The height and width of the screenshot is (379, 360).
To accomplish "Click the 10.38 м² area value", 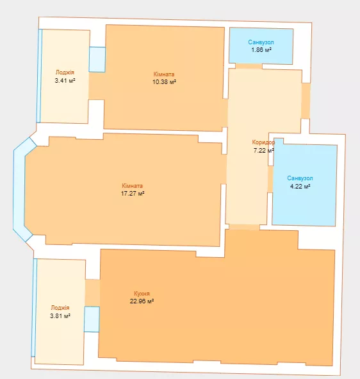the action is pyautogui.click(x=164, y=81).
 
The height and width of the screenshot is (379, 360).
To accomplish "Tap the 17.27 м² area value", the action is pyautogui.click(x=133, y=194).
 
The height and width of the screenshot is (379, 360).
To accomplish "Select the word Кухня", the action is pyautogui.click(x=142, y=294).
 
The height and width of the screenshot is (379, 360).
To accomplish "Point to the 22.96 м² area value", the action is pyautogui.click(x=142, y=301).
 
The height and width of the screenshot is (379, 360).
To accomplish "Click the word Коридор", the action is pyautogui.click(x=263, y=142).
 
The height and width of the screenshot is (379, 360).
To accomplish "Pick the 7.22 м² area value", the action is pyautogui.click(x=263, y=150).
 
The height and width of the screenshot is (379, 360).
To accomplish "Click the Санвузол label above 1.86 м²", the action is pyautogui.click(x=261, y=42).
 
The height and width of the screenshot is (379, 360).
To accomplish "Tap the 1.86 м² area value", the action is pyautogui.click(x=261, y=50).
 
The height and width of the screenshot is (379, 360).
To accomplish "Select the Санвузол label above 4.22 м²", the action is pyautogui.click(x=300, y=178).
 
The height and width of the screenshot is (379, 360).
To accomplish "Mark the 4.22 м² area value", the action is pyautogui.click(x=300, y=186).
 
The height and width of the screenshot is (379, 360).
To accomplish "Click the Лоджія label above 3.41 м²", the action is pyautogui.click(x=65, y=72).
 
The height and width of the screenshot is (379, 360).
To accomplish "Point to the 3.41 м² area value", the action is pyautogui.click(x=65, y=80).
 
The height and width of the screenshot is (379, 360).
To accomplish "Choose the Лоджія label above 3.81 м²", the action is pyautogui.click(x=60, y=308).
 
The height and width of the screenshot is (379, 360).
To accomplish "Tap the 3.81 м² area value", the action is pyautogui.click(x=60, y=316).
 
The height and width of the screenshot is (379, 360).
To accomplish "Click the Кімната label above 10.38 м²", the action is pyautogui.click(x=164, y=74).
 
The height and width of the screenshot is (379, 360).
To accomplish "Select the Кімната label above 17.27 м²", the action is pyautogui.click(x=133, y=185).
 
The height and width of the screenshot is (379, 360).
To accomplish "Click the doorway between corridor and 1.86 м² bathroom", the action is pyautogui.click(x=249, y=66).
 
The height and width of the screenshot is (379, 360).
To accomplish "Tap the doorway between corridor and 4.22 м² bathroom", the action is pyautogui.click(x=270, y=179).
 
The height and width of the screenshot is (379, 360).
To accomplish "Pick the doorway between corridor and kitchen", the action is pyautogui.click(x=244, y=227).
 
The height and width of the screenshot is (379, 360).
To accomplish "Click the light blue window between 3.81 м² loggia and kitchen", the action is pyautogui.click(x=92, y=319).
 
